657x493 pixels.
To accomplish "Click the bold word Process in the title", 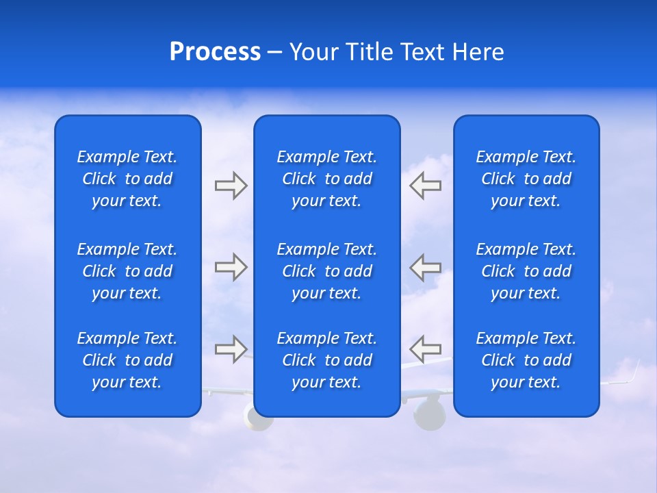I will pyautogui.click(x=215, y=52).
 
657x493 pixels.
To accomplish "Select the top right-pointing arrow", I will pyautogui.click(x=231, y=186).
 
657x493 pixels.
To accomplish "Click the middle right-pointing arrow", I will pyautogui.click(x=231, y=267).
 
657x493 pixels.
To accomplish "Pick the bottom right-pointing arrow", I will pyautogui.click(x=231, y=349).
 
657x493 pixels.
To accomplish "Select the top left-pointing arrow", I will pyautogui.click(x=425, y=186).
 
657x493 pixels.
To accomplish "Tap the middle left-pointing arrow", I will pyautogui.click(x=425, y=267).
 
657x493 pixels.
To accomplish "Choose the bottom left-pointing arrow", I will pyautogui.click(x=425, y=349).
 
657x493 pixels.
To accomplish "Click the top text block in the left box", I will pyautogui.click(x=127, y=179).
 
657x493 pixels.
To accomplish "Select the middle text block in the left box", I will pyautogui.click(x=127, y=271).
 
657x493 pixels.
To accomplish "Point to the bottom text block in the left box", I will pyautogui.click(x=127, y=360).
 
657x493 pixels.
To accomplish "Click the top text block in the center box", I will pyautogui.click(x=327, y=179).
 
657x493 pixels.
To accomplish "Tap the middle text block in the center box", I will pyautogui.click(x=327, y=271).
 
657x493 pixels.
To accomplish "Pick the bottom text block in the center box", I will pyautogui.click(x=327, y=360).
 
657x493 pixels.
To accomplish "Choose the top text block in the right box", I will pyautogui.click(x=526, y=179).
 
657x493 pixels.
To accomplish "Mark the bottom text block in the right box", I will pyautogui.click(x=526, y=360).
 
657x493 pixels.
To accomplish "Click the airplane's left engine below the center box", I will pyautogui.click(x=258, y=419).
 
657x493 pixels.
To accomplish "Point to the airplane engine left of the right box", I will pyautogui.click(x=430, y=414).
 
